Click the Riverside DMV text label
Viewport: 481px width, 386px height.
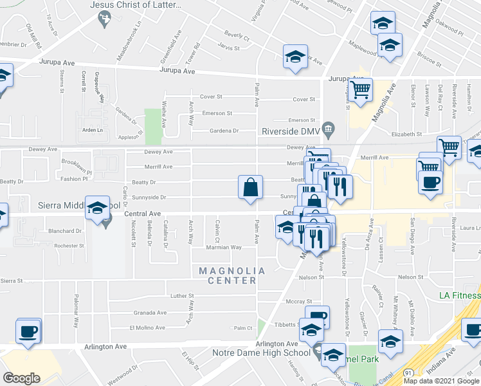(291, 132)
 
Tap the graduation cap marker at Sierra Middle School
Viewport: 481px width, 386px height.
(96, 208)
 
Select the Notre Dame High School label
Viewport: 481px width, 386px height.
(261, 353)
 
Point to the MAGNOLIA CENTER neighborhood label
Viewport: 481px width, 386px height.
(228, 275)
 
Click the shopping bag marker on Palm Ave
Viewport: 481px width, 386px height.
(250, 188)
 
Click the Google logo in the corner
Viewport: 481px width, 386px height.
(22, 378)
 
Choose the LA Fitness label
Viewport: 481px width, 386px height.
(460, 295)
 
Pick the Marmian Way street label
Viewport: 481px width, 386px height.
(223, 247)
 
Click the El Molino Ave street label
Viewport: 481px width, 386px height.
(148, 327)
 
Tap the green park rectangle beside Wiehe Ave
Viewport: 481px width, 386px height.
(153, 126)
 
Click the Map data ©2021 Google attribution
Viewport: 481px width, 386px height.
(441, 381)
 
